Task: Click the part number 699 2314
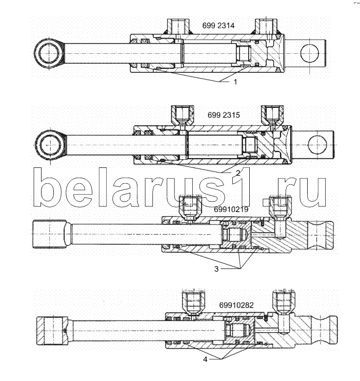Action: coord(218,26)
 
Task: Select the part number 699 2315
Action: coord(224,115)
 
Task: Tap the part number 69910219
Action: coord(231,209)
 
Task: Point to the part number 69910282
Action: coord(236,305)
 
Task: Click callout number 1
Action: coord(235,82)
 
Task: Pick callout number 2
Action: coord(238,173)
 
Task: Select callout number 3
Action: coord(216,269)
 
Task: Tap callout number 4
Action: coord(205,359)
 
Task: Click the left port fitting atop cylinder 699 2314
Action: coord(178,27)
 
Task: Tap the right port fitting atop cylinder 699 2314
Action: coord(266,26)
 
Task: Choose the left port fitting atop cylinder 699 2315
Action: coord(182,116)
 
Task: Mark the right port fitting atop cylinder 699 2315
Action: coord(272,116)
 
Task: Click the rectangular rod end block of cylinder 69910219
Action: coord(49,234)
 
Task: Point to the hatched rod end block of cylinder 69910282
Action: coord(52,331)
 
